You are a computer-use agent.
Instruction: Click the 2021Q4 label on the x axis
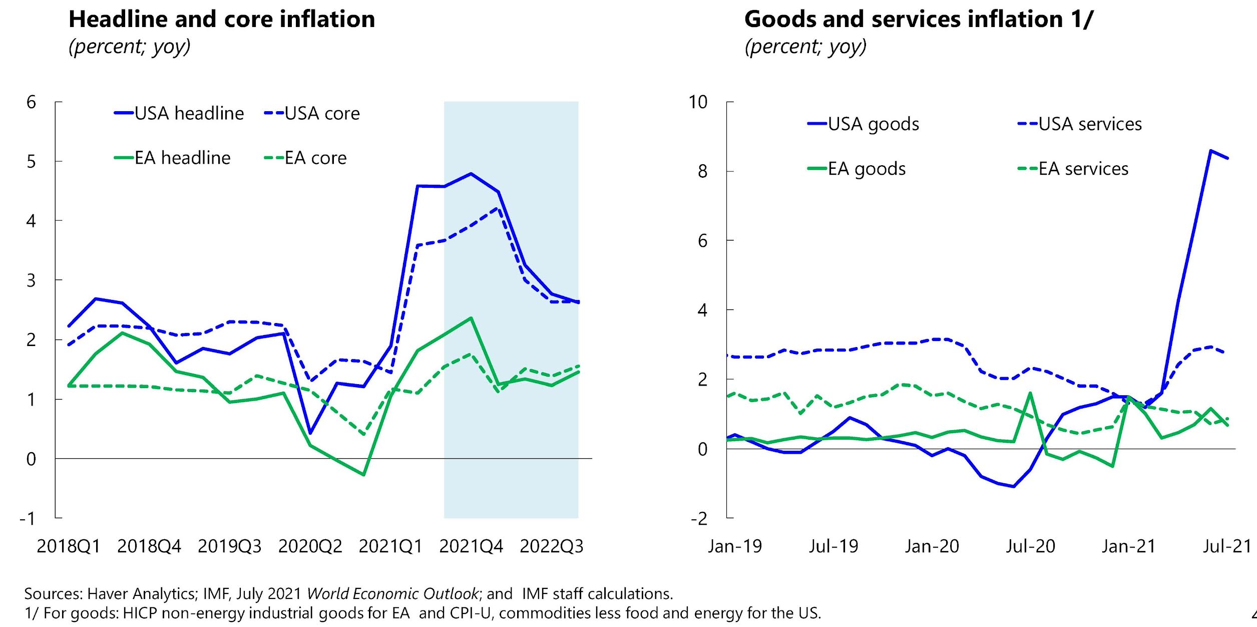pyautogui.click(x=471, y=546)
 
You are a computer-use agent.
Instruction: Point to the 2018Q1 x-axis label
pyautogui.click(x=69, y=546)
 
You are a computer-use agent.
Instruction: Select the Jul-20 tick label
pyautogui.click(x=1030, y=546)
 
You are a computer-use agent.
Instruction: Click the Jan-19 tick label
pyautogui.click(x=735, y=546)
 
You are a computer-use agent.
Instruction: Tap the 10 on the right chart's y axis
pyautogui.click(x=698, y=102)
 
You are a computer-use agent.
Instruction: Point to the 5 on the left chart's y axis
pyautogui.click(x=31, y=162)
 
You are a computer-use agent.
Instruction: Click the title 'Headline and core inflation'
pyautogui.click(x=222, y=20)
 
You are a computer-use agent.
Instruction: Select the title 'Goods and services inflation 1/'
pyautogui.click(x=919, y=20)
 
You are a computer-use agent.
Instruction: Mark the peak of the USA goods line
pyautogui.click(x=1210, y=151)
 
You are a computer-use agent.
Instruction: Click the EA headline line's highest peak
pyautogui.click(x=471, y=318)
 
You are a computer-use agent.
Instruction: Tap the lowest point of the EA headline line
pyautogui.click(x=363, y=474)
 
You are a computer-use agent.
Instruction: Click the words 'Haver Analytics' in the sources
pyautogui.click(x=142, y=593)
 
